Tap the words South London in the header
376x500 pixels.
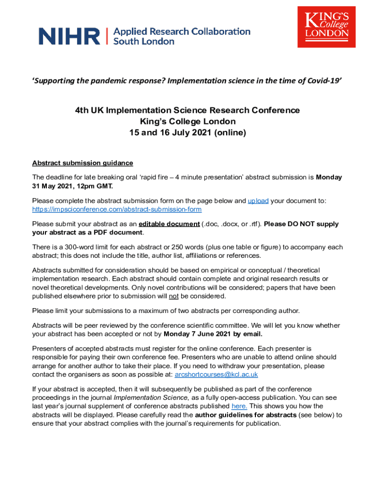[144, 42]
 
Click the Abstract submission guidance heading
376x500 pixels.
[83, 163]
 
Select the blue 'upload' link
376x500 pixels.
[258, 201]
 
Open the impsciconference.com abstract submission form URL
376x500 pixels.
[117, 209]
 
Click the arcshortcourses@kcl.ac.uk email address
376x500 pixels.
[216, 375]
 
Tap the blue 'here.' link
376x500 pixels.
[239, 406]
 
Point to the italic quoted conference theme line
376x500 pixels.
[188, 81]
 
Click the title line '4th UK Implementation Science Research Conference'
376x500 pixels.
[188, 110]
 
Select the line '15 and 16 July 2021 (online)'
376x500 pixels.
[188, 133]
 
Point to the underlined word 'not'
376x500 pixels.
[173, 296]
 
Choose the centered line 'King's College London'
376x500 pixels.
[188, 122]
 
